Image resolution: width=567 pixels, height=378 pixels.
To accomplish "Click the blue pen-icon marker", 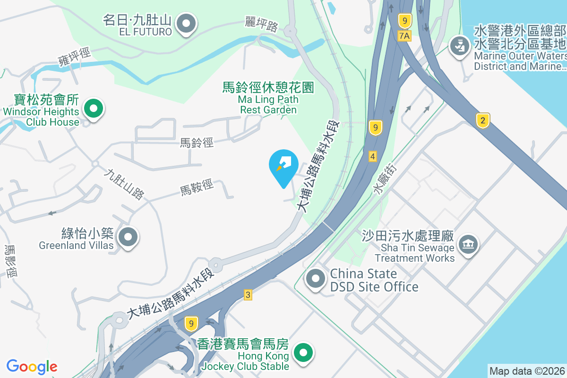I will tap(283, 165).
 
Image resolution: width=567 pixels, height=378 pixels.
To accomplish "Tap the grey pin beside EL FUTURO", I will tap(186, 23).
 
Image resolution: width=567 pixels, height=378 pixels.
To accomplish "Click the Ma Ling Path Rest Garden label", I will tap(268, 98).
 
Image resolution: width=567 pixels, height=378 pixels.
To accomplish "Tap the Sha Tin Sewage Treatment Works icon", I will tap(468, 244).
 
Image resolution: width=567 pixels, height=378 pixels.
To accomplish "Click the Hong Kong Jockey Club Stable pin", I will tap(304, 352).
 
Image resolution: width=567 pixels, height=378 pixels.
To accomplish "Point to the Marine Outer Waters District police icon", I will tap(458, 46).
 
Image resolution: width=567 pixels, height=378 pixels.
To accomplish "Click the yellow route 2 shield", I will tap(482, 120).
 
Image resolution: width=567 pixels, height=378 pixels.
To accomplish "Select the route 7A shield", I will tap(404, 35).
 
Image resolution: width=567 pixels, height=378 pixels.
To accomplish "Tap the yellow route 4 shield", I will tap(373, 156).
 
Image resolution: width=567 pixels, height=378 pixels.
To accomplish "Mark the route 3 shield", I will tap(248, 295).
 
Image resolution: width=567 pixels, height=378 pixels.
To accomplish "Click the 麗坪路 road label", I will tap(261, 24).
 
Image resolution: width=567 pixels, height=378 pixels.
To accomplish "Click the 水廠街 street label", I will tap(386, 179).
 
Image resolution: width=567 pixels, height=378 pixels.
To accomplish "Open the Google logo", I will tap(32, 367).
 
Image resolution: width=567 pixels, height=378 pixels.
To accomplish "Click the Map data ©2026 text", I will tap(527, 371).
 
